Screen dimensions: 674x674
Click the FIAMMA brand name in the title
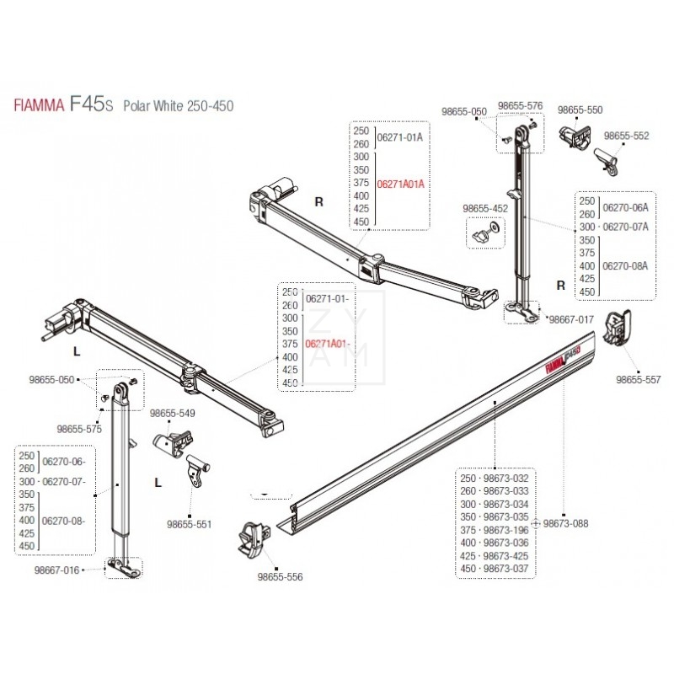click(41, 106)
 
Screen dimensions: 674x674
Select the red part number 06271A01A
click(400, 184)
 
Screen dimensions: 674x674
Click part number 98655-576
click(520, 106)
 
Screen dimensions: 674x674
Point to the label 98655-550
click(580, 110)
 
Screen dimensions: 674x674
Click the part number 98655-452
click(485, 207)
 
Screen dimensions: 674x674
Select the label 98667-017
click(571, 320)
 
